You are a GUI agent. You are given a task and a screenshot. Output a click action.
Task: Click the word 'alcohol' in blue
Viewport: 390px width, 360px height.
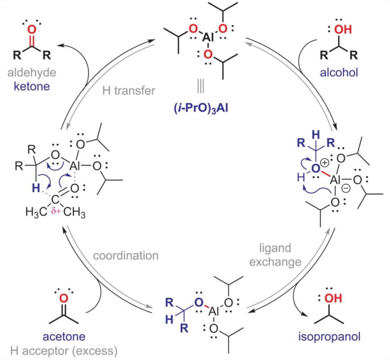[338, 72]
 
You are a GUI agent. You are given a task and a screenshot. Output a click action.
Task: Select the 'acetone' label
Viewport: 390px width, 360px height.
[64, 337]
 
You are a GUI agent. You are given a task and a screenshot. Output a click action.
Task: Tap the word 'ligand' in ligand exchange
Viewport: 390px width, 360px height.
[275, 248]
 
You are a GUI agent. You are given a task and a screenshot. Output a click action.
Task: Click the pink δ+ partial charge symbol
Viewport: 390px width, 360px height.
[56, 211]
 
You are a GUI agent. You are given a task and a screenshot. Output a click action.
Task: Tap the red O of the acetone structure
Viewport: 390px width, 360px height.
[64, 298]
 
